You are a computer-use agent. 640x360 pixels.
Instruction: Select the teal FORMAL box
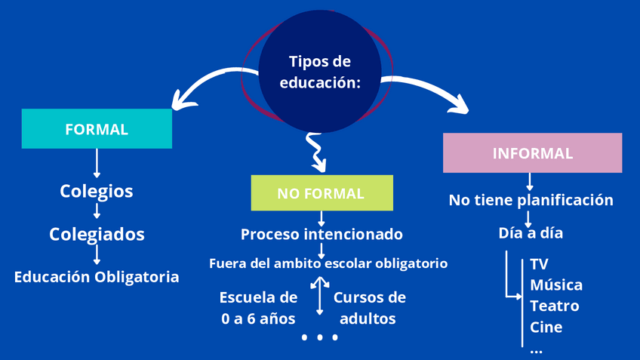click(97, 129)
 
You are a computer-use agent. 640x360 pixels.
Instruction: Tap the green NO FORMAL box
click(322, 193)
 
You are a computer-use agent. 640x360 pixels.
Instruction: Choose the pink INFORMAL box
click(532, 153)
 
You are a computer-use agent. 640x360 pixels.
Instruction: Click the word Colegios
click(97, 191)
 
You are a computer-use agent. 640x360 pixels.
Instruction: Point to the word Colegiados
click(97, 234)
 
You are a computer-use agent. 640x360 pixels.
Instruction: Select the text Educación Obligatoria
click(97, 277)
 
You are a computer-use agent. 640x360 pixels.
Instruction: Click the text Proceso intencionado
click(322, 235)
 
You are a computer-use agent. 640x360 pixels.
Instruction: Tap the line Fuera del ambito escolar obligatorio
click(328, 263)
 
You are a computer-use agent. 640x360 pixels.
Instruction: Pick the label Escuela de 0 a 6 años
click(258, 308)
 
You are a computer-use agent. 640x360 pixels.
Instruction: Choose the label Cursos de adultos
click(369, 308)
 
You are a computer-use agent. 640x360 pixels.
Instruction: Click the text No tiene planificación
click(531, 200)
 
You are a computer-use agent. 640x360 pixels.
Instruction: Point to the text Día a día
click(531, 233)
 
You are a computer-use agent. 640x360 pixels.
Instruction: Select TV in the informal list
click(539, 264)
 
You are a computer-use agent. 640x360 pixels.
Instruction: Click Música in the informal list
click(556, 285)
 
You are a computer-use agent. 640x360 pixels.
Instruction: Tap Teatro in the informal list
click(555, 306)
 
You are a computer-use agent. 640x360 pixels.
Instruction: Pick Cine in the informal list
click(546, 328)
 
